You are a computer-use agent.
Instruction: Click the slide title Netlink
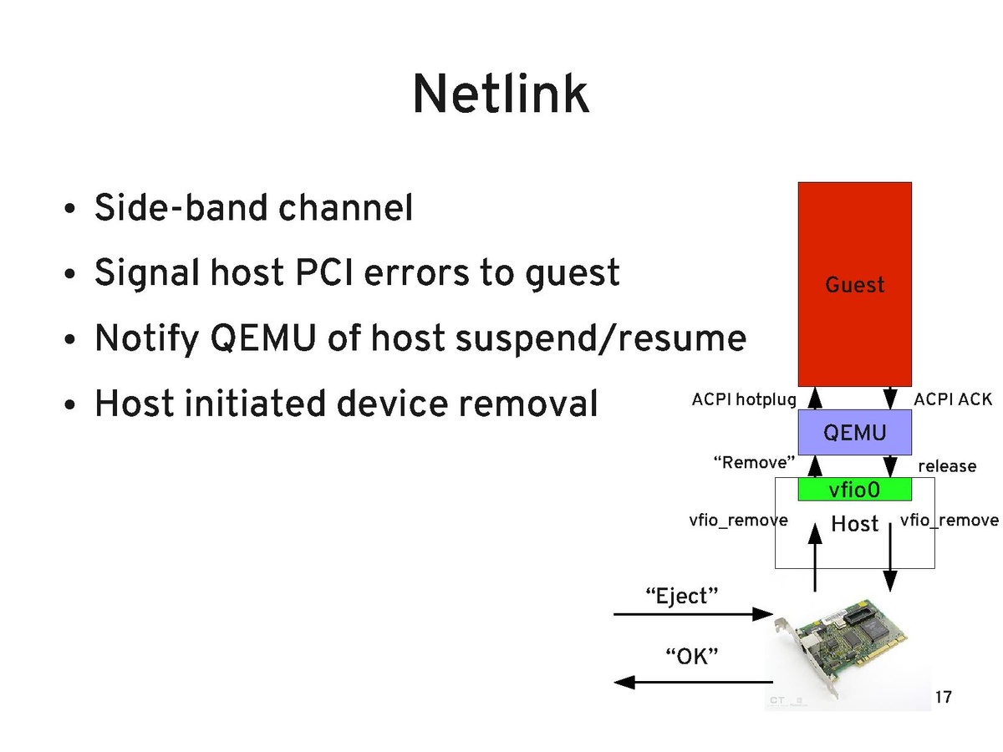point(500,94)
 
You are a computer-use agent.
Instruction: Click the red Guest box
point(854,284)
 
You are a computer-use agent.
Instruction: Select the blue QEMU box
point(854,432)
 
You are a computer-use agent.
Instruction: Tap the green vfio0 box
point(854,490)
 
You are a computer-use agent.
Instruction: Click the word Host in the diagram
point(854,524)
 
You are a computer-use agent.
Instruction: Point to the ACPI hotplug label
point(743,400)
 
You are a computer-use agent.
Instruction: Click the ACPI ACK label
point(953,400)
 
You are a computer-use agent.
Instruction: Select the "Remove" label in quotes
point(753,462)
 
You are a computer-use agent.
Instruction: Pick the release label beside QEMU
point(947,465)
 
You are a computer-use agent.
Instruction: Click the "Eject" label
point(683,596)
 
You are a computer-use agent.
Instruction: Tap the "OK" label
point(691,655)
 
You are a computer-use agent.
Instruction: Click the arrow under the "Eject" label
point(693,615)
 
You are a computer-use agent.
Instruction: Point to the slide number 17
point(943,697)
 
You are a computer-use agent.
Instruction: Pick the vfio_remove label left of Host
point(738,521)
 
